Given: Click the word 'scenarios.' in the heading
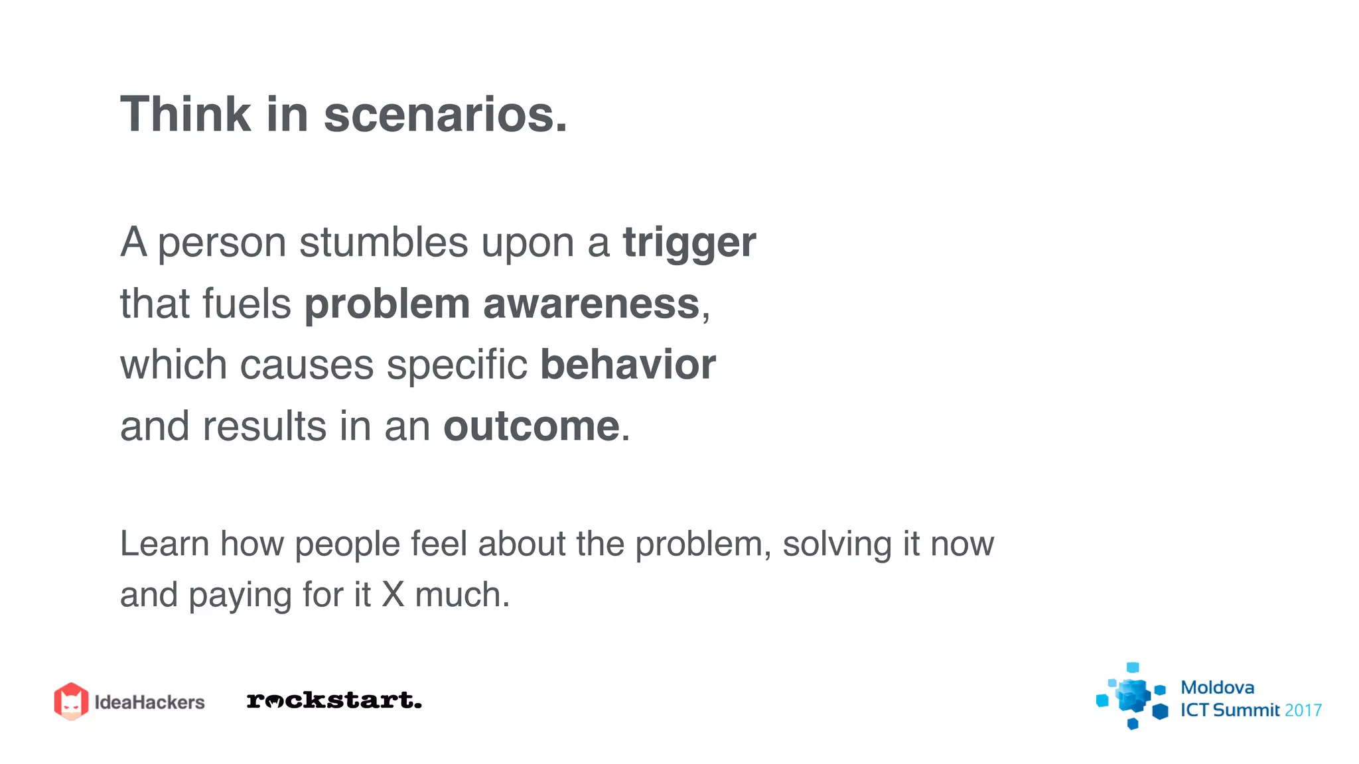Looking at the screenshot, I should [x=445, y=114].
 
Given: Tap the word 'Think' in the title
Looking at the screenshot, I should [x=185, y=114].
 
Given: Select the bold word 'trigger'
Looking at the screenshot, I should [x=689, y=243].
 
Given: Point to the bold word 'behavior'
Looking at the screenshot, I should [x=628, y=365].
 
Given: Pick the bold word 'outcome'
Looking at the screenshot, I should [x=532, y=426].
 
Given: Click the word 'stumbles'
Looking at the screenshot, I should [x=384, y=242].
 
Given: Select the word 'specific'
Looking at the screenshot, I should [x=457, y=365].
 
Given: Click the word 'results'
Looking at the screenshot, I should [x=264, y=426].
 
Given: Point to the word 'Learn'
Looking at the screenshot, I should [x=165, y=544].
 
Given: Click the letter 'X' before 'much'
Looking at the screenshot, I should [x=393, y=595].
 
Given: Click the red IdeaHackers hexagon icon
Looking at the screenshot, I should [x=71, y=701].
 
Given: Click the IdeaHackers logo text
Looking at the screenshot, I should [x=149, y=702].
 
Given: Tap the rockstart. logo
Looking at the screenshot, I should [x=334, y=700].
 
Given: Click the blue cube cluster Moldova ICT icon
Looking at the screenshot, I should [x=1132, y=696].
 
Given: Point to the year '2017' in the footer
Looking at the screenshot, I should [x=1303, y=711].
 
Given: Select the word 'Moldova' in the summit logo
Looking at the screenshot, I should [x=1217, y=688].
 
